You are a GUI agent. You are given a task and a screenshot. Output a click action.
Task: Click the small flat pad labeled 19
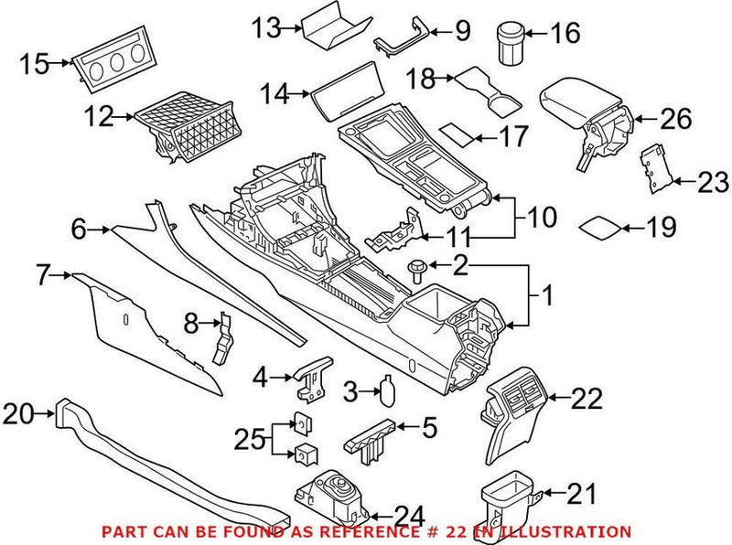(600, 226)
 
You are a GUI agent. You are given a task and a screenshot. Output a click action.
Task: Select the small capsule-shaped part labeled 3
(387, 394)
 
